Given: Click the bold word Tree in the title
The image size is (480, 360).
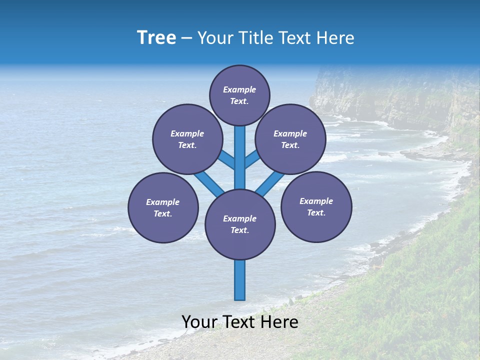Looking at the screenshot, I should tap(156, 37).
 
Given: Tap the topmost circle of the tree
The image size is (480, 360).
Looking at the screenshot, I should tap(239, 95).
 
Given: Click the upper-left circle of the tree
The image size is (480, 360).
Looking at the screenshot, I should tap(187, 139).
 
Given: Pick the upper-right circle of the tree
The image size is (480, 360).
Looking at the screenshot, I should tap(290, 139).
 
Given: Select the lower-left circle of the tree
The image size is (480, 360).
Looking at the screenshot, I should tap(163, 207).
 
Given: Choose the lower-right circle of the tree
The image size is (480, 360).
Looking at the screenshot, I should tap(316, 206).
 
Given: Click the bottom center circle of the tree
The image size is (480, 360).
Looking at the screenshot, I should tap(240, 224).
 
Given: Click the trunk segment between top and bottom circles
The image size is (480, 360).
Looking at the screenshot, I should tap(240, 157).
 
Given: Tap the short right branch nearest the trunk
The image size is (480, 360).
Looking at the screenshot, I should tap(252, 159).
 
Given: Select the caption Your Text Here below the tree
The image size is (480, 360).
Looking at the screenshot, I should tap(240, 322).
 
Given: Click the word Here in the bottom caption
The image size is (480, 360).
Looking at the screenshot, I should tap(280, 322).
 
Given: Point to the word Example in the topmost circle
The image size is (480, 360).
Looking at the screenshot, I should tap(239, 89).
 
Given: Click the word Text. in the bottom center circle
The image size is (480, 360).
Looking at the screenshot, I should tap(239, 230).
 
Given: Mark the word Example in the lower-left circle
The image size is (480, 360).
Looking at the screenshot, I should tap(162, 202).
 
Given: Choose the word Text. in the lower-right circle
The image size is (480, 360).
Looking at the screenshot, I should tap(316, 212).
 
